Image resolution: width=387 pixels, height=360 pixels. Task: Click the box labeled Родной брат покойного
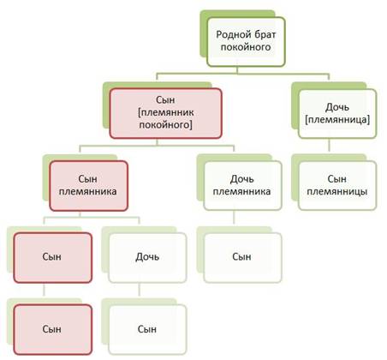coord(246,42)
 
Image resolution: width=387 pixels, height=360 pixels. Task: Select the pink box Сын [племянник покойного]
coord(165,113)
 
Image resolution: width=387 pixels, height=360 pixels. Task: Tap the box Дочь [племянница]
coord(337,114)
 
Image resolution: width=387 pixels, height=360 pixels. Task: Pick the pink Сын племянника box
coord(88,186)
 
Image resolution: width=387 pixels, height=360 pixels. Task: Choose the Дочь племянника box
coord(242,186)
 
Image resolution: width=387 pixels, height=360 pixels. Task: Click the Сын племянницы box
coord(337,186)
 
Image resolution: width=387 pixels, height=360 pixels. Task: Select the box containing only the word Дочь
coord(147,258)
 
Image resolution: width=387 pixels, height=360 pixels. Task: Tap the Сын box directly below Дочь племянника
coord(242,258)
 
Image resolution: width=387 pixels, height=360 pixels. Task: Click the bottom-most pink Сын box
coord(53,330)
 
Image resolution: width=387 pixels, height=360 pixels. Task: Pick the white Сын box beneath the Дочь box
coord(147,330)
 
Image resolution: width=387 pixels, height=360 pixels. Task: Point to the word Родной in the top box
coord(230,35)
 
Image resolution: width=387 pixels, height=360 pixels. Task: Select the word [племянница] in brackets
coord(337,119)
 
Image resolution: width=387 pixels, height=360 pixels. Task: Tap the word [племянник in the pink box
coord(166,112)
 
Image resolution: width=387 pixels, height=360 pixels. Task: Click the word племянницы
coord(337,191)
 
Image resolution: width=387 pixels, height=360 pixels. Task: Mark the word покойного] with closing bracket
coord(165,125)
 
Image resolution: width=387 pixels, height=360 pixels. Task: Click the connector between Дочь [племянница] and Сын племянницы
coord(329,145)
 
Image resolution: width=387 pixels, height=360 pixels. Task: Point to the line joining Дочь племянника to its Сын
coord(234,218)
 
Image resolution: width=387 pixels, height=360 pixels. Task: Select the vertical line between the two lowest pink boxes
coord(44,290)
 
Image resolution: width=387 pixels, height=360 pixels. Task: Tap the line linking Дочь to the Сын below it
coord(139,290)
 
